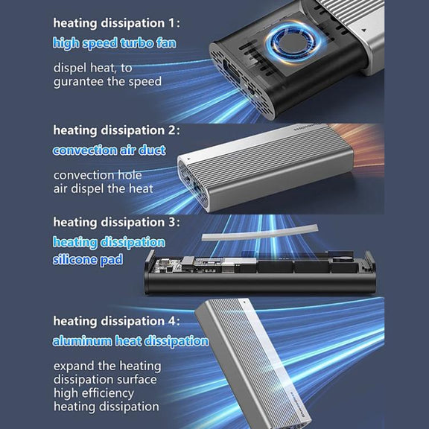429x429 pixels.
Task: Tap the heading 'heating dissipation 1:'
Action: [117, 23]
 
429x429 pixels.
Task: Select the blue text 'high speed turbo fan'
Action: [115, 43]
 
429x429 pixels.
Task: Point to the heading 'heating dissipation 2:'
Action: [117, 130]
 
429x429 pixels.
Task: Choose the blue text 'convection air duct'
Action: [109, 150]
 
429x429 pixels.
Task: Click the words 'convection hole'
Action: [98, 175]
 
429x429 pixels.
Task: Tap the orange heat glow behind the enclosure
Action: [366, 147]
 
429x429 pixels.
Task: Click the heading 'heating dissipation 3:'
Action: [117, 222]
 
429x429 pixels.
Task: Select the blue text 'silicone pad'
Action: [88, 260]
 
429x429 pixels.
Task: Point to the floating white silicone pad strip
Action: [260, 233]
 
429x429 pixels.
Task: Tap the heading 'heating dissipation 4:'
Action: [117, 321]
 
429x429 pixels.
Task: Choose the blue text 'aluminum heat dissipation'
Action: [130, 341]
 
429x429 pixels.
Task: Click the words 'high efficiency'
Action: [94, 393]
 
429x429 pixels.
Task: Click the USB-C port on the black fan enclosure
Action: [232, 72]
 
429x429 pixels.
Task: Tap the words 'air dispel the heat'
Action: [103, 188]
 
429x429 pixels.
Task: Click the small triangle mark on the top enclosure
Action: [364, 30]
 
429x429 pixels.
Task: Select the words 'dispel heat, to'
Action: [93, 68]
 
